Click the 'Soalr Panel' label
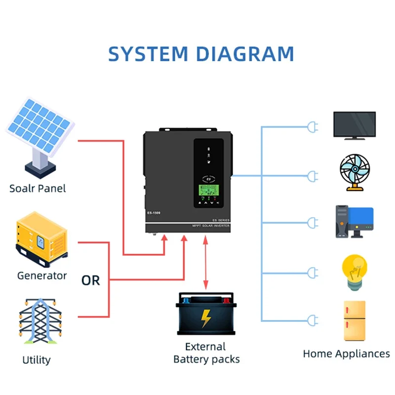click(x=38, y=188)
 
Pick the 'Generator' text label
click(x=42, y=276)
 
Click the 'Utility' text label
click(x=37, y=360)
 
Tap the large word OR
click(x=90, y=280)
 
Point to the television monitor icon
click(x=354, y=124)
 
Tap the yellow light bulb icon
click(x=354, y=271)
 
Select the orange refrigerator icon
click(x=355, y=320)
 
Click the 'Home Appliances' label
click(x=346, y=354)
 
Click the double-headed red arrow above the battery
click(x=205, y=263)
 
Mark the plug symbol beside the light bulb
click(x=313, y=272)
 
